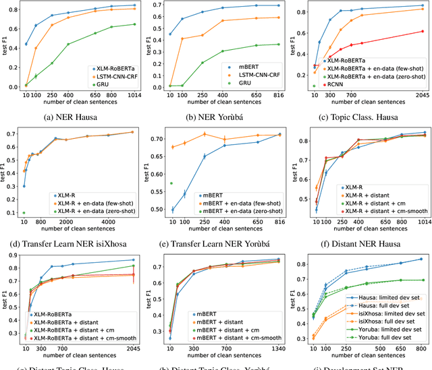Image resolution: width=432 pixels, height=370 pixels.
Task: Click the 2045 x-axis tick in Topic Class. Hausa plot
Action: click(423, 95)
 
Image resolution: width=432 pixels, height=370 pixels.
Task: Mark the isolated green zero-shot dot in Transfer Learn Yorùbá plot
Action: click(171, 183)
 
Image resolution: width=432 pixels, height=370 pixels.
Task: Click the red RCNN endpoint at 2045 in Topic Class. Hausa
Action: click(423, 31)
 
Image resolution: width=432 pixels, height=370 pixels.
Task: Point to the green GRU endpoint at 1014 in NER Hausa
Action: click(134, 24)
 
